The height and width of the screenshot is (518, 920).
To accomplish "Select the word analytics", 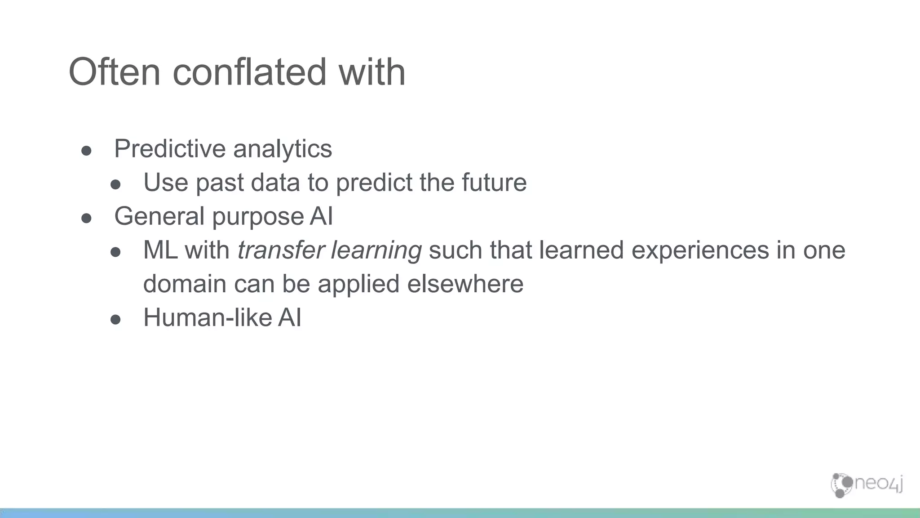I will coord(283,149).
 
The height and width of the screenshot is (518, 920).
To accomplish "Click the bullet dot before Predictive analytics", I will coord(87,151).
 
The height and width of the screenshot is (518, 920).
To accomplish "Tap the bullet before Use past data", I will coord(115,185).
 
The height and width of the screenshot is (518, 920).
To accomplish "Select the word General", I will coord(159,216).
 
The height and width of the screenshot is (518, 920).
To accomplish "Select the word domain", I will coord(184,284).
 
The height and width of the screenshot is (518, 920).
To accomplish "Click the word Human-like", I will coord(208,317).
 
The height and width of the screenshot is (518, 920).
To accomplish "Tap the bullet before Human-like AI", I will coord(115,320).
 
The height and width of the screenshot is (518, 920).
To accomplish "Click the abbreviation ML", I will coord(160,250).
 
